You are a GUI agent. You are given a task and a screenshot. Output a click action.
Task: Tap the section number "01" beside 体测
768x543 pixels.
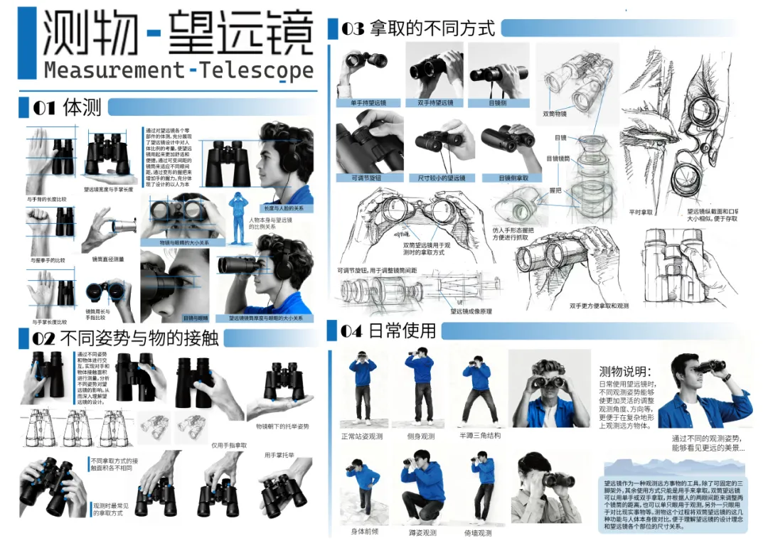tap(43, 108)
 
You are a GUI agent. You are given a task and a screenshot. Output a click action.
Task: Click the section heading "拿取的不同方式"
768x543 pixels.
tap(433, 28)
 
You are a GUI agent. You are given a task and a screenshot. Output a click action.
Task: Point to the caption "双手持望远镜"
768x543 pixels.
tap(434, 103)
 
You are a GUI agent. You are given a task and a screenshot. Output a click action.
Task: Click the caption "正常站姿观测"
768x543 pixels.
tap(362, 436)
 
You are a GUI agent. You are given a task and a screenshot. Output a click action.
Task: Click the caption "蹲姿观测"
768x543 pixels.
tap(423, 532)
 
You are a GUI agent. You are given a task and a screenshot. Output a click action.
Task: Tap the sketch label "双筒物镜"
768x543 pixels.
tap(555, 113)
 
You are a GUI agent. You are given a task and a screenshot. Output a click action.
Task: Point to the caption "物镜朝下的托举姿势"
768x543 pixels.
tap(282, 426)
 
